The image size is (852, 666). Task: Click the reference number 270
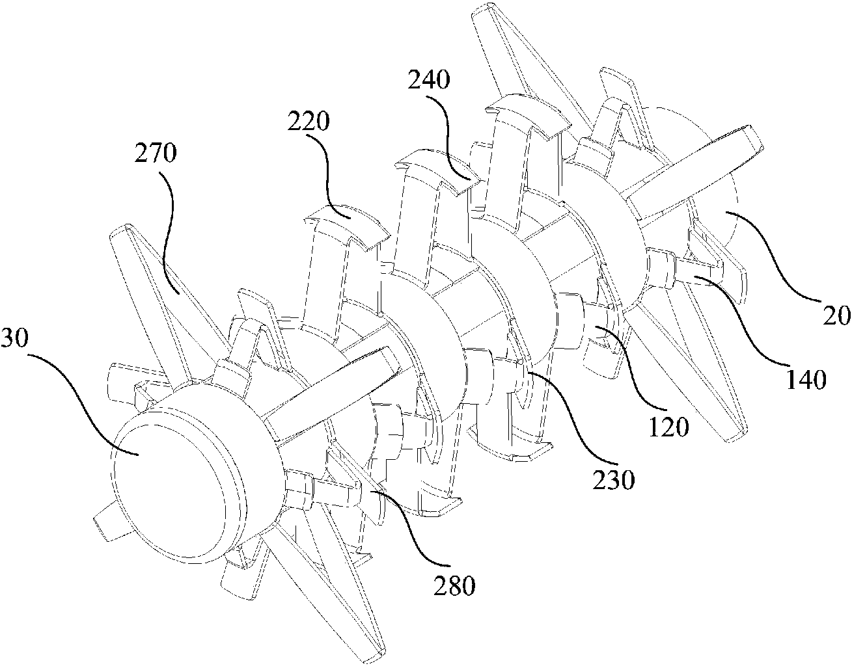coord(156,154)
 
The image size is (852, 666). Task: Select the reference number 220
coord(309,121)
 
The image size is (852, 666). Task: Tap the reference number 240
coord(429,79)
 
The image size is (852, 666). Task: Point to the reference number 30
coord(15,338)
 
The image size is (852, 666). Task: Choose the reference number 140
coord(806,379)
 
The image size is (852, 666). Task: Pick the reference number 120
coord(668,427)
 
